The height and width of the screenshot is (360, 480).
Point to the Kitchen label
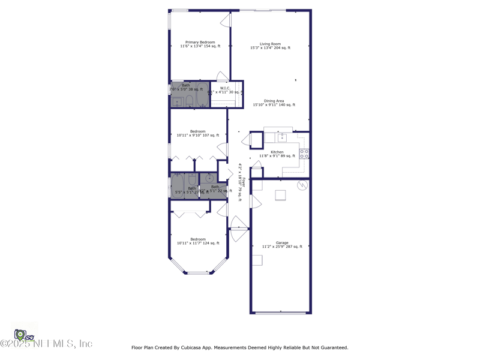(277, 152)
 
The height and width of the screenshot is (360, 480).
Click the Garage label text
(282, 243)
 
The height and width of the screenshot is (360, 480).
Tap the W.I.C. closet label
(225, 88)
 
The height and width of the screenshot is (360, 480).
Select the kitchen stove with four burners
(304, 154)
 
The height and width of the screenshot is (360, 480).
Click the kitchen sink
(282, 137)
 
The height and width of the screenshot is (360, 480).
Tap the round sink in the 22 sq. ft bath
(209, 178)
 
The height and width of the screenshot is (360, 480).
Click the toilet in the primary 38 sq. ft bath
(189, 100)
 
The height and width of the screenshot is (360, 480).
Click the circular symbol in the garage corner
(302, 185)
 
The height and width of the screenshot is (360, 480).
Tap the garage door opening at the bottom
(281, 313)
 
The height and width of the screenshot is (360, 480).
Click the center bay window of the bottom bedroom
(199, 273)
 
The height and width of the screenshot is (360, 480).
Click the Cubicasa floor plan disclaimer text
(239, 347)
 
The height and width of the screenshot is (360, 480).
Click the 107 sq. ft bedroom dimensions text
(197, 135)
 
